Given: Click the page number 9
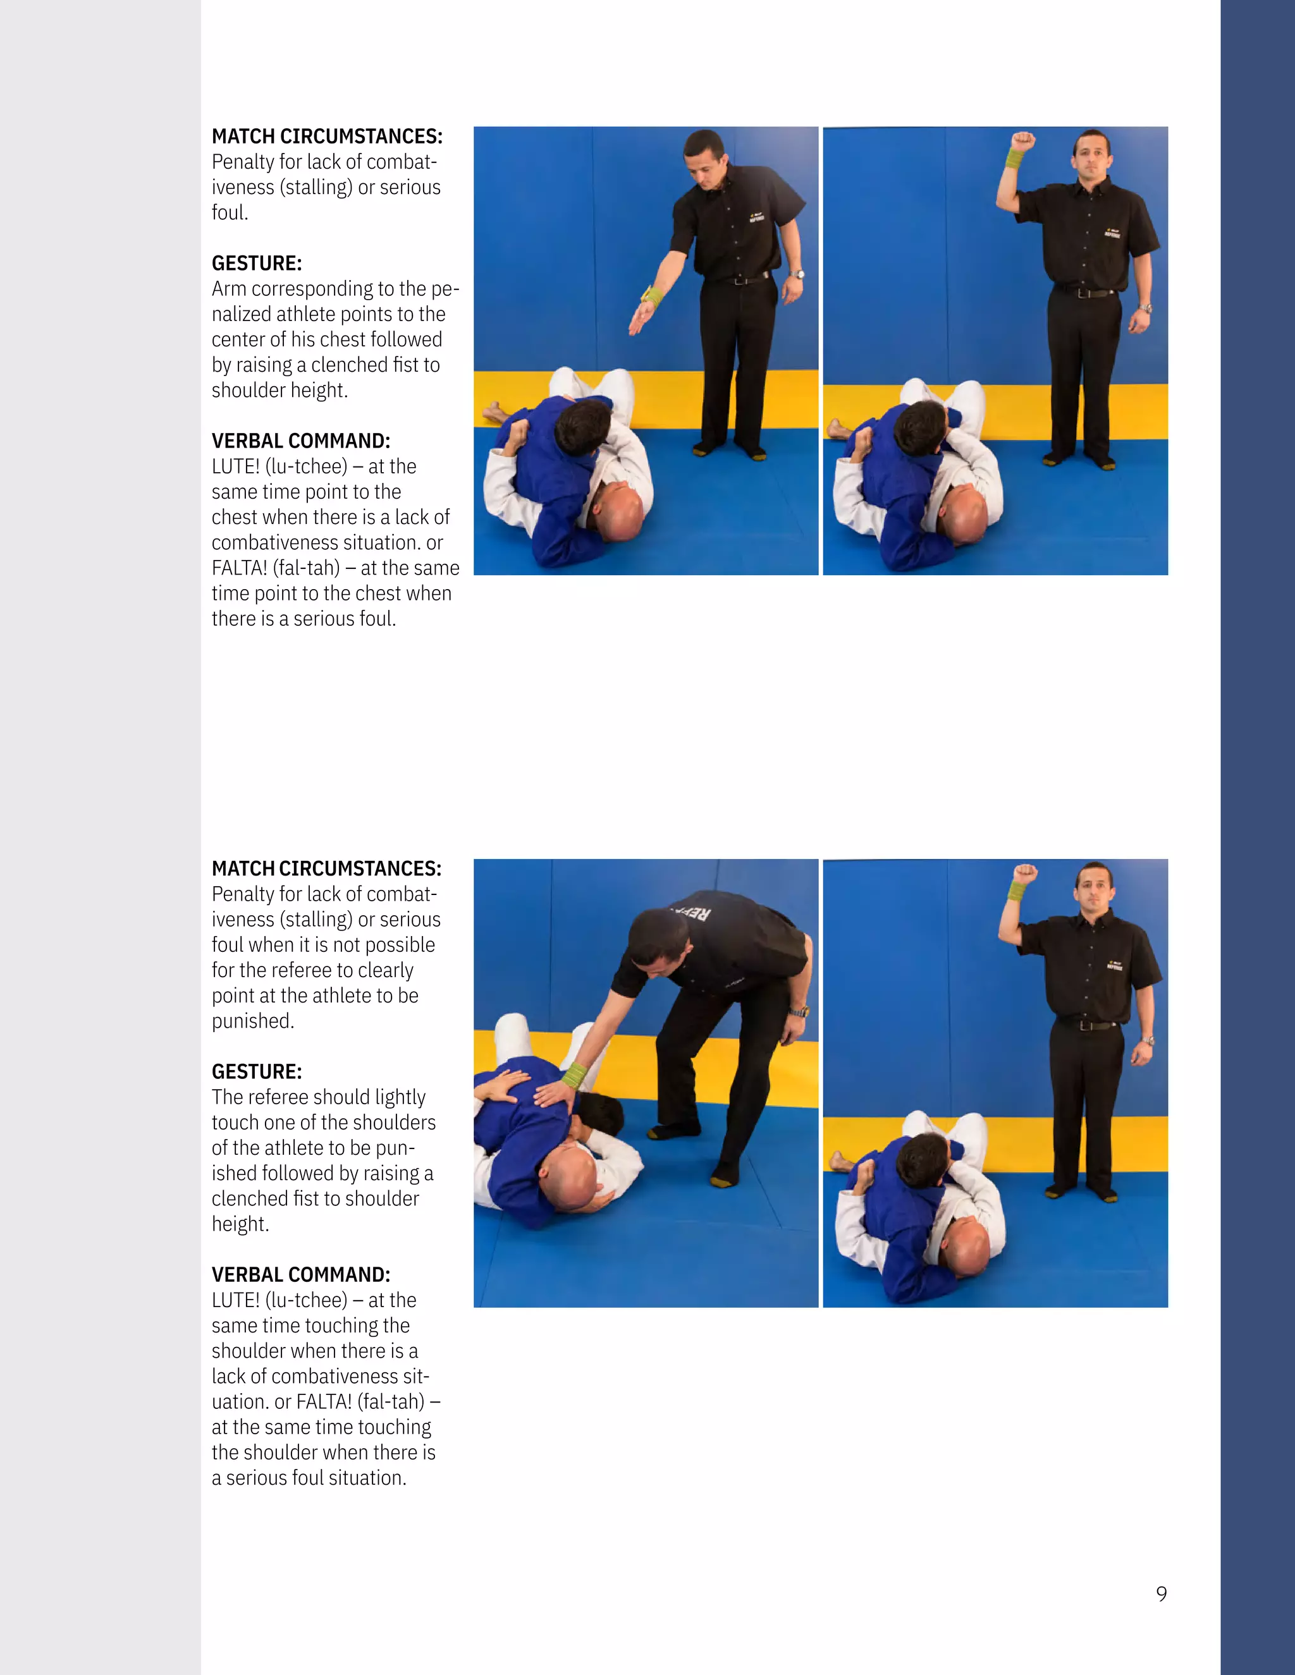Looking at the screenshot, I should tap(1161, 1593).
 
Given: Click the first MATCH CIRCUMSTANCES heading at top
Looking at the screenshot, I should tap(327, 137).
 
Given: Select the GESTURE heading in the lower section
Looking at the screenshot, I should tap(256, 1071).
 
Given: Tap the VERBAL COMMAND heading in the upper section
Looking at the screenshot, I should tap(301, 441).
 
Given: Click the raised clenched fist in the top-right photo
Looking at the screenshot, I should tap(1022, 141).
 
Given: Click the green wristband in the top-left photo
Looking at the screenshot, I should tap(652, 296).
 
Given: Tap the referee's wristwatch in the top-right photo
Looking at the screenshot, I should tap(1145, 308).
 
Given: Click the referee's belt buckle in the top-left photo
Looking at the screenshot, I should tap(739, 281).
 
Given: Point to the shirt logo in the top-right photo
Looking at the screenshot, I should tap(1112, 233).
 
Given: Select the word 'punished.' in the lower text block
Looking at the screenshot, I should tap(252, 1021).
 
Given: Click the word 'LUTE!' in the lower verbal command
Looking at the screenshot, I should tap(235, 1300).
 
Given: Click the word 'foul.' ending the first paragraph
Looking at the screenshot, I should tap(230, 212).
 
